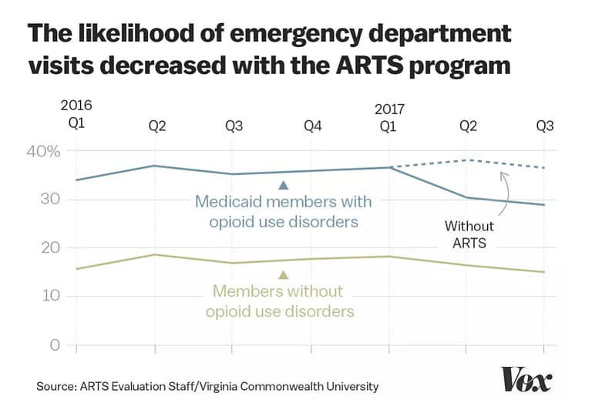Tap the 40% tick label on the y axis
point(43,151)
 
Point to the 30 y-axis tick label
point(49,200)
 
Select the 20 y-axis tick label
point(49,248)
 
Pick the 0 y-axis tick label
point(54,345)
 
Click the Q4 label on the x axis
point(312,127)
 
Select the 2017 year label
point(390,110)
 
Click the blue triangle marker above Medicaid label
point(283,185)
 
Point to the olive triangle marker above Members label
point(283,275)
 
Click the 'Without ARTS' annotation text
point(469,234)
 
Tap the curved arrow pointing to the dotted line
point(506,193)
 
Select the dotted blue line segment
point(467,161)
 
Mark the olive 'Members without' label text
point(277,293)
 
